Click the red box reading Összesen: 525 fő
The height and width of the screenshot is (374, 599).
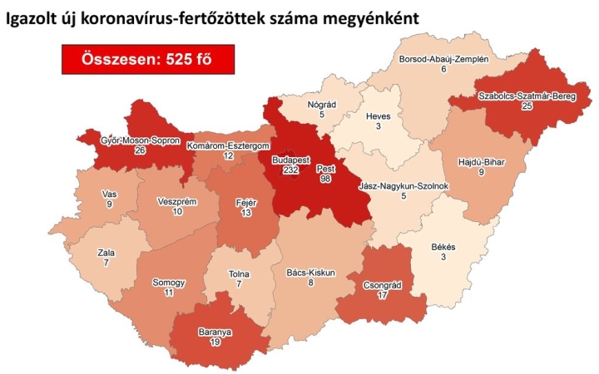tap(147, 58)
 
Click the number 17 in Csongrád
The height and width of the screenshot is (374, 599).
tap(383, 295)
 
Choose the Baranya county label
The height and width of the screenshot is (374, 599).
tap(215, 331)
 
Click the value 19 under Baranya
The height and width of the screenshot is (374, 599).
tap(215, 342)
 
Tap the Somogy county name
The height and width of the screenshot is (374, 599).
tap(168, 283)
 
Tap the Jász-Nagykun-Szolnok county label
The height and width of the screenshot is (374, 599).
tap(404, 185)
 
